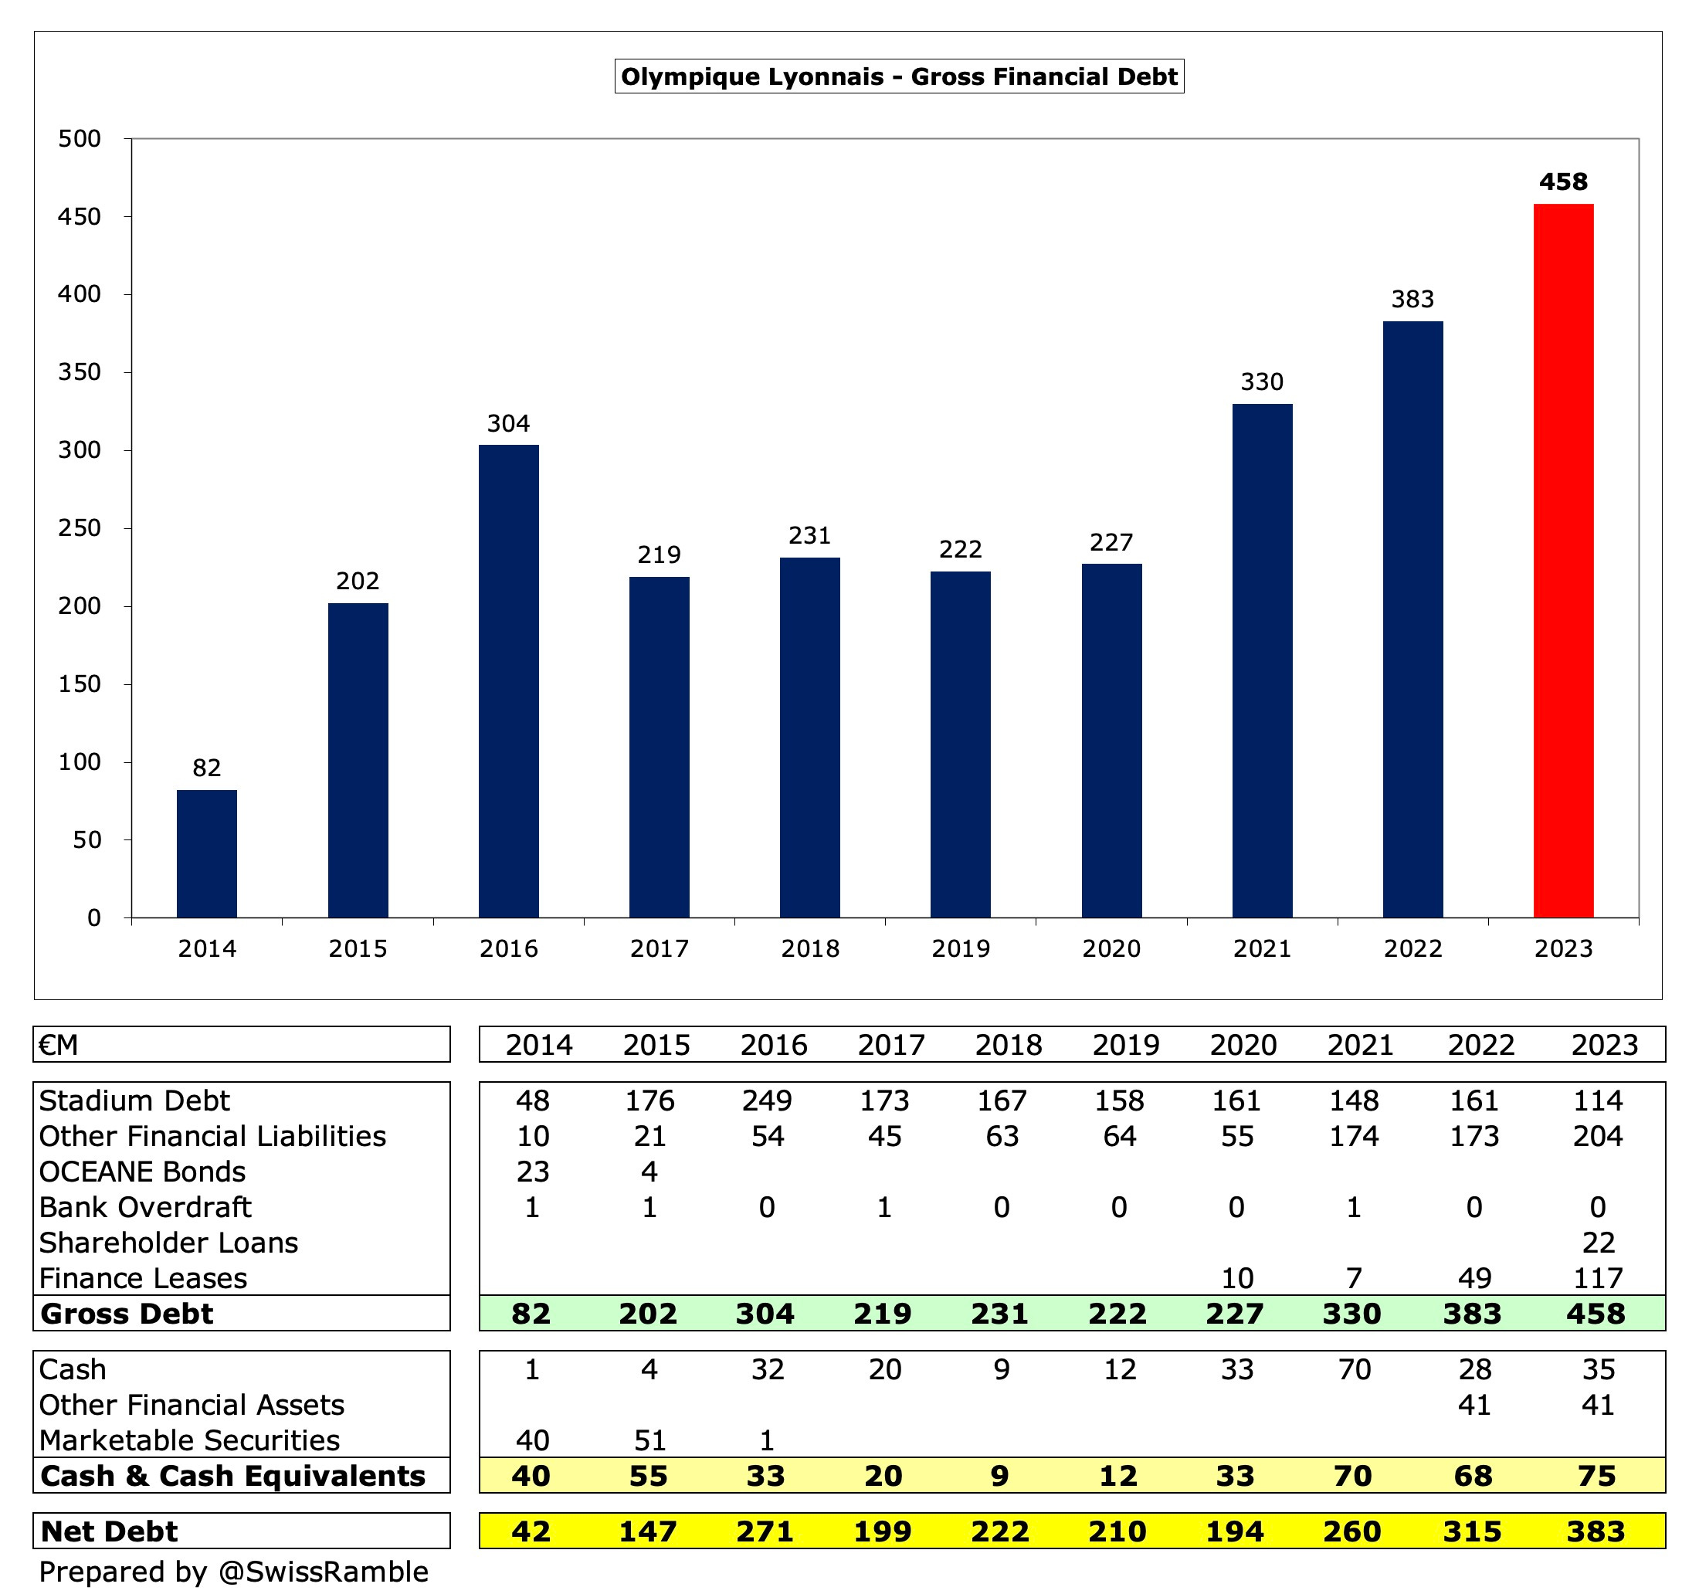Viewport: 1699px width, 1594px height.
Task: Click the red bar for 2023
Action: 1562,560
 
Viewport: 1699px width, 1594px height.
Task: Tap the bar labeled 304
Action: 508,680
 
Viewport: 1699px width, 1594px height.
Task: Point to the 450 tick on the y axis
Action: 79,216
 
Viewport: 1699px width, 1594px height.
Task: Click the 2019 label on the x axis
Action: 960,948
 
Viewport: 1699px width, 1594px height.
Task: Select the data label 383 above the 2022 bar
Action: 1412,299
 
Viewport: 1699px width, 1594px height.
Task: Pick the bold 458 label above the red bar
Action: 1562,182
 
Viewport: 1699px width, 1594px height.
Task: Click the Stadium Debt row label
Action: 134,1100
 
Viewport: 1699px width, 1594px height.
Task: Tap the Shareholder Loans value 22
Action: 1597,1242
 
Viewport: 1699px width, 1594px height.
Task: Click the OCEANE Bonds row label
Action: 142,1171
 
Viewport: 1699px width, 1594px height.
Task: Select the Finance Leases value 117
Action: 1597,1278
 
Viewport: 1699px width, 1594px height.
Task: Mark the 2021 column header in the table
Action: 1360,1044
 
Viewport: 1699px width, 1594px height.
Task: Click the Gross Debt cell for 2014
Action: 531,1313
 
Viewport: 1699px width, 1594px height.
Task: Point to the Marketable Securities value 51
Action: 649,1440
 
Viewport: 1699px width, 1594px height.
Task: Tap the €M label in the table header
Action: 58,1044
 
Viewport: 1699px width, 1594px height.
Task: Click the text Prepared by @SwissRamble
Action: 233,1571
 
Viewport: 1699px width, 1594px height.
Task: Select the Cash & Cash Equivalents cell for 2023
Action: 1596,1475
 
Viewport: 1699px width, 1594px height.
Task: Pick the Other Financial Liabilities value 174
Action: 1354,1136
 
